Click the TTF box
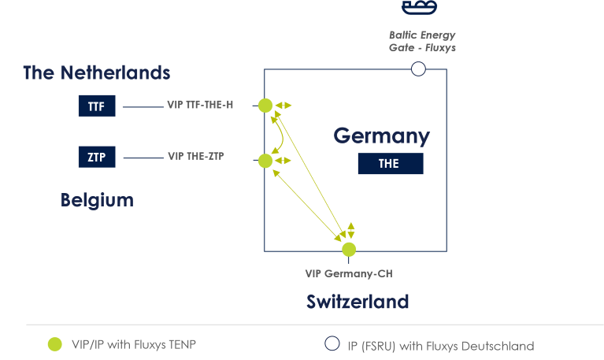coord(97,106)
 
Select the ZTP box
coord(97,157)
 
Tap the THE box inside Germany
coord(390,164)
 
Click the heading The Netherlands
coord(96,73)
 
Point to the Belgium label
coord(97,200)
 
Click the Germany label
coord(381,135)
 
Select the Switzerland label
coord(358,302)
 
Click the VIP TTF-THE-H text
coord(200,104)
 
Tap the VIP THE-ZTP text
coord(196,156)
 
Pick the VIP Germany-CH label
coord(348,273)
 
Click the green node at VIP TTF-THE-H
coord(265,106)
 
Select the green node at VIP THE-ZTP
coord(265,161)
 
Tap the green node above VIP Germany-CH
coord(349,250)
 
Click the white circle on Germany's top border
coord(418,69)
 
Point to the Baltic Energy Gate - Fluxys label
coord(422,42)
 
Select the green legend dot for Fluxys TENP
coord(54,343)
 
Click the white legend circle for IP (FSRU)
coord(332,343)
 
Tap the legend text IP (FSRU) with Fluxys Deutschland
coord(440,346)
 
